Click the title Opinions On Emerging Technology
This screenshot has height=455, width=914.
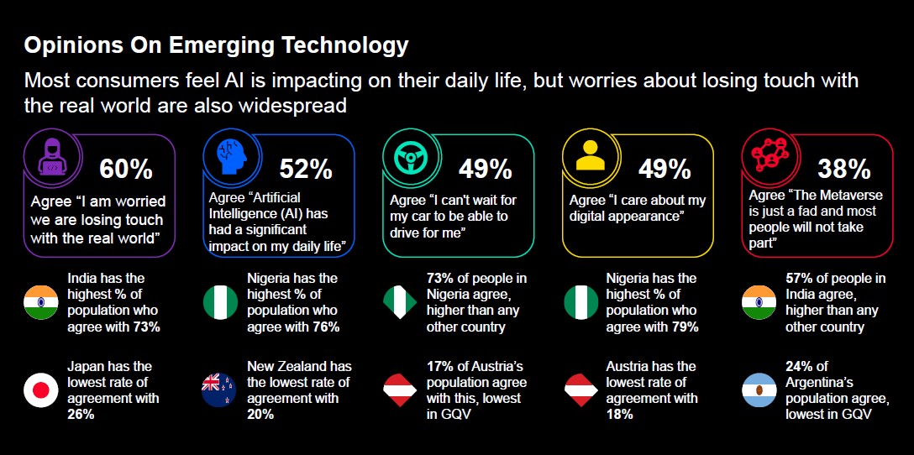point(216,45)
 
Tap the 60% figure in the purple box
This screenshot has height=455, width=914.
point(126,169)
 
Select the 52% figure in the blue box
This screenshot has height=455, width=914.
point(306,169)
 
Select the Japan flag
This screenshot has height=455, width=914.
point(40,390)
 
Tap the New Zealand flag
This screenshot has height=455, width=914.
point(220,390)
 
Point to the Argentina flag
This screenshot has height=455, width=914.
point(759,390)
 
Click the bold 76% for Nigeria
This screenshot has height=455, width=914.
point(324,327)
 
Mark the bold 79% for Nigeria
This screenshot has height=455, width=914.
point(683,327)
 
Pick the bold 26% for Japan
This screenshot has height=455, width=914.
point(80,414)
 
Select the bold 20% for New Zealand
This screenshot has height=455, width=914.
point(260,414)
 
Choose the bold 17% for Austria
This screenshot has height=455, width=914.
point(440,366)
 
